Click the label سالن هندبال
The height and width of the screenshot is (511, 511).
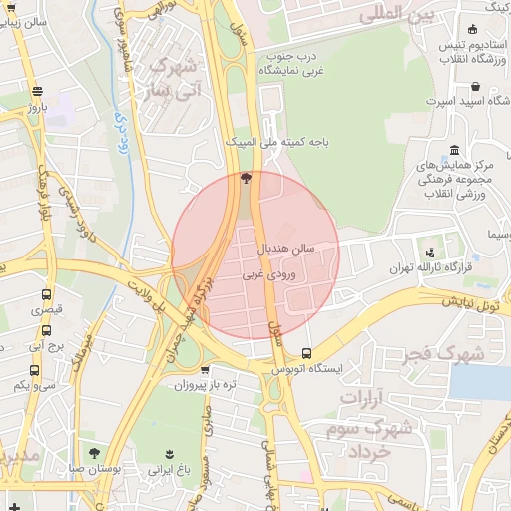click(x=287, y=246)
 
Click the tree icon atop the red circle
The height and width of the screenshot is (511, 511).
click(x=245, y=179)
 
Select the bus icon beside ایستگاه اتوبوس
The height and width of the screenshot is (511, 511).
click(x=305, y=353)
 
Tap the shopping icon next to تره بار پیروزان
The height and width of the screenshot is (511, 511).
click(x=206, y=370)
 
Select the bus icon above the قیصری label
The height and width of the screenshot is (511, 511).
click(x=46, y=294)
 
